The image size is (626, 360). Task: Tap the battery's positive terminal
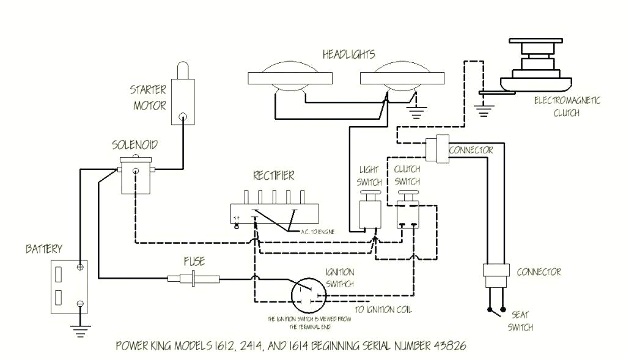[79, 267]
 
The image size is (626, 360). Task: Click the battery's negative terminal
[79, 304]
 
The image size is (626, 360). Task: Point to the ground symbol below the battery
[79, 331]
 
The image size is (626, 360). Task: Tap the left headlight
[284, 78]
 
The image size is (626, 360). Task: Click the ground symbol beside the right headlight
[418, 111]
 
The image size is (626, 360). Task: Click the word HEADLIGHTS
[348, 55]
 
